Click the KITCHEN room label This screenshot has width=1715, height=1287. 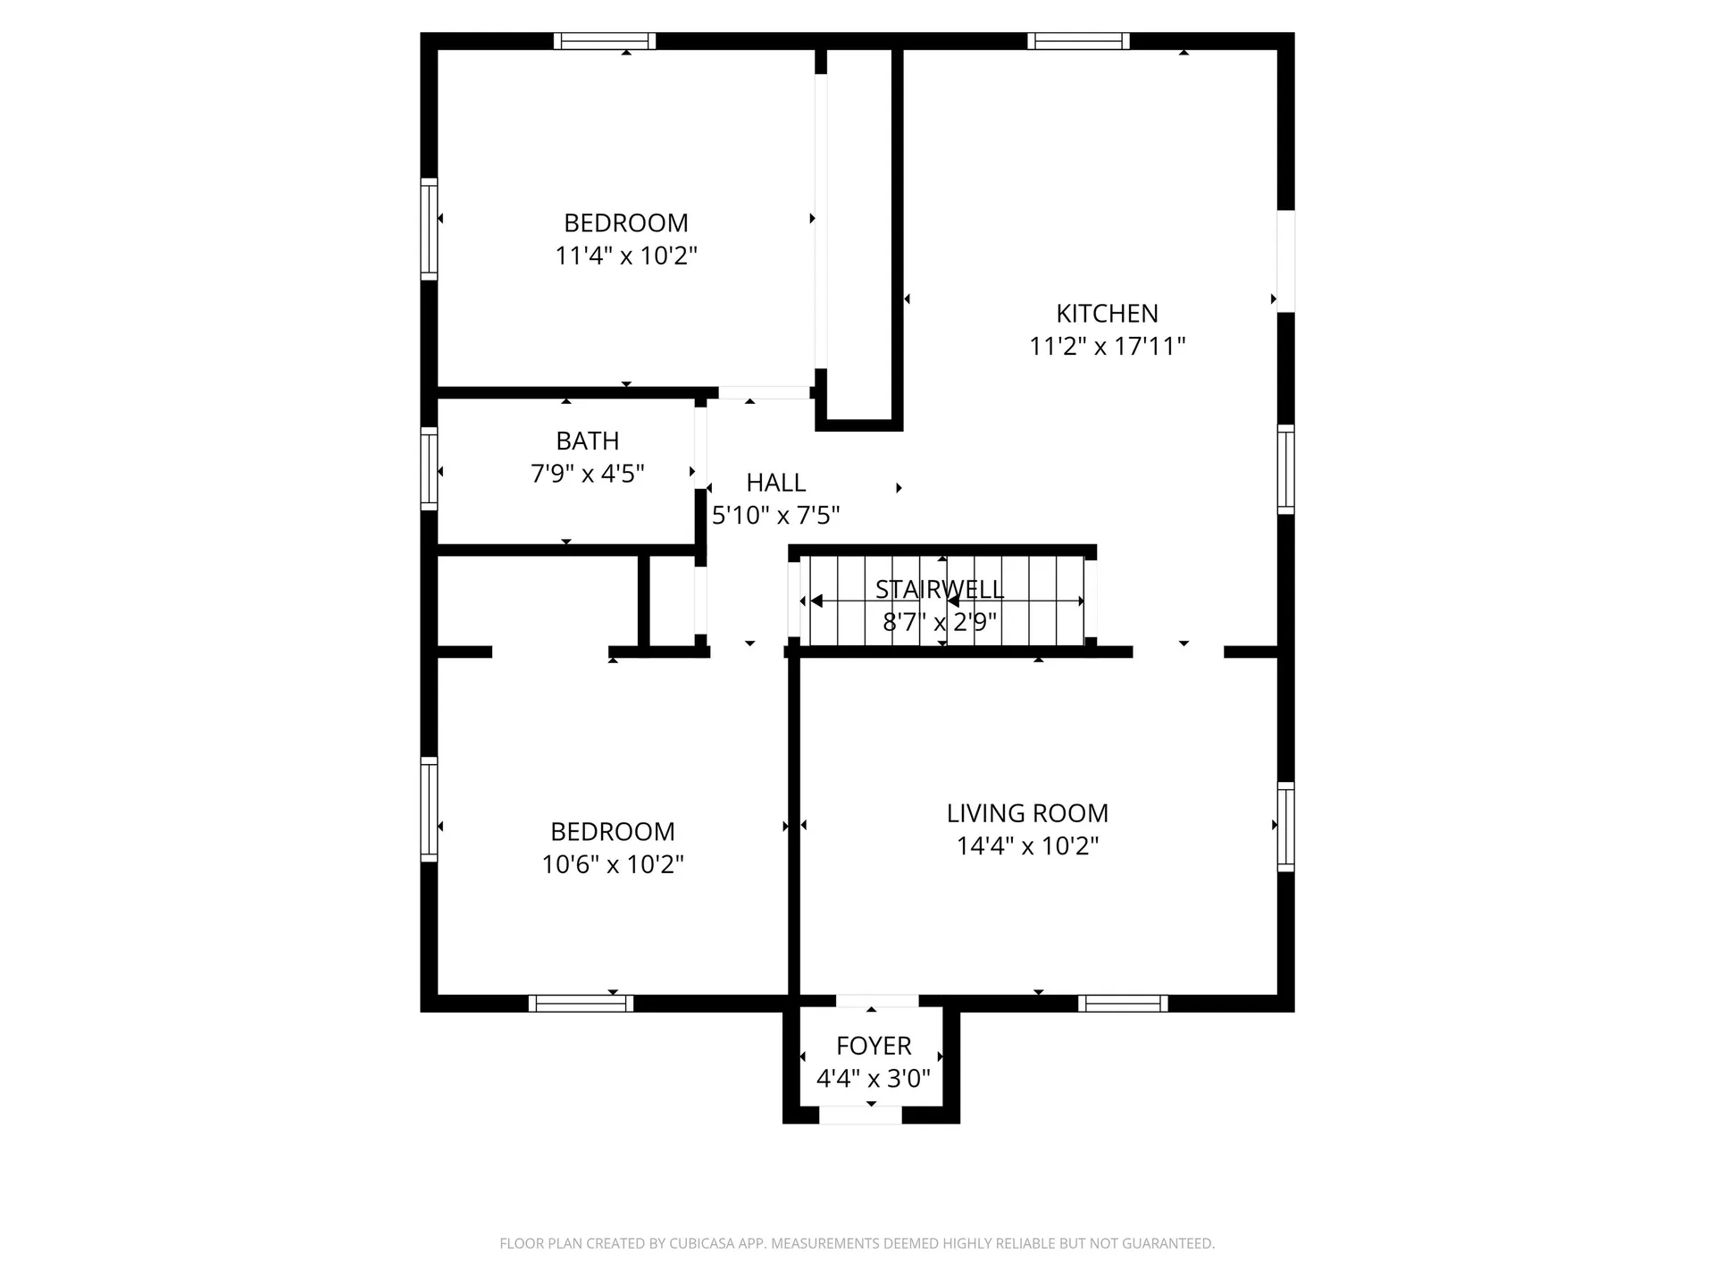pos(1107,314)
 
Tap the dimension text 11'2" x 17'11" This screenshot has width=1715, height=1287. pos(1107,347)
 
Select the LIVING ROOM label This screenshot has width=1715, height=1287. pos(1027,813)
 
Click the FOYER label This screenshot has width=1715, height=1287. pos(874,1046)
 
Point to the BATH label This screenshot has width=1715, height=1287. pos(587,441)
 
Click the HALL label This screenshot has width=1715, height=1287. pos(775,483)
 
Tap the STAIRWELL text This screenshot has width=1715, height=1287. pos(939,590)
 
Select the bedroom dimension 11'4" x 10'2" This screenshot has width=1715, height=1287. pos(625,257)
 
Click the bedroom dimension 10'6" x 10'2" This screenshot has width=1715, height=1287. pos(613,865)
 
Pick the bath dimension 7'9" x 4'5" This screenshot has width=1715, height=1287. pos(587,474)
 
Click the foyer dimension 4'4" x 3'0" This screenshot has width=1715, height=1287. pos(874,1079)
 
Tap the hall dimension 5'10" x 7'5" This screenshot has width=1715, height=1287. pos(775,516)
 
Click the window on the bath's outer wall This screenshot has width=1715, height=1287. pos(429,469)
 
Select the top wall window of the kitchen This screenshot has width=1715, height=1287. pos(1078,41)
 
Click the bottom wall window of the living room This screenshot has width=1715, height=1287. pos(1123,1004)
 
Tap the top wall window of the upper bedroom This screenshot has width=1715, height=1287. pos(605,41)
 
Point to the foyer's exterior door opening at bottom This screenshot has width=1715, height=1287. pos(860,1115)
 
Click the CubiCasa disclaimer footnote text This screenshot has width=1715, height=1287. pos(857,1243)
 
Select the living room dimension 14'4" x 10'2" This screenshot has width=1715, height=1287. pos(1027,846)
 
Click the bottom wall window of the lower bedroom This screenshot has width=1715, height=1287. pos(581,1004)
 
